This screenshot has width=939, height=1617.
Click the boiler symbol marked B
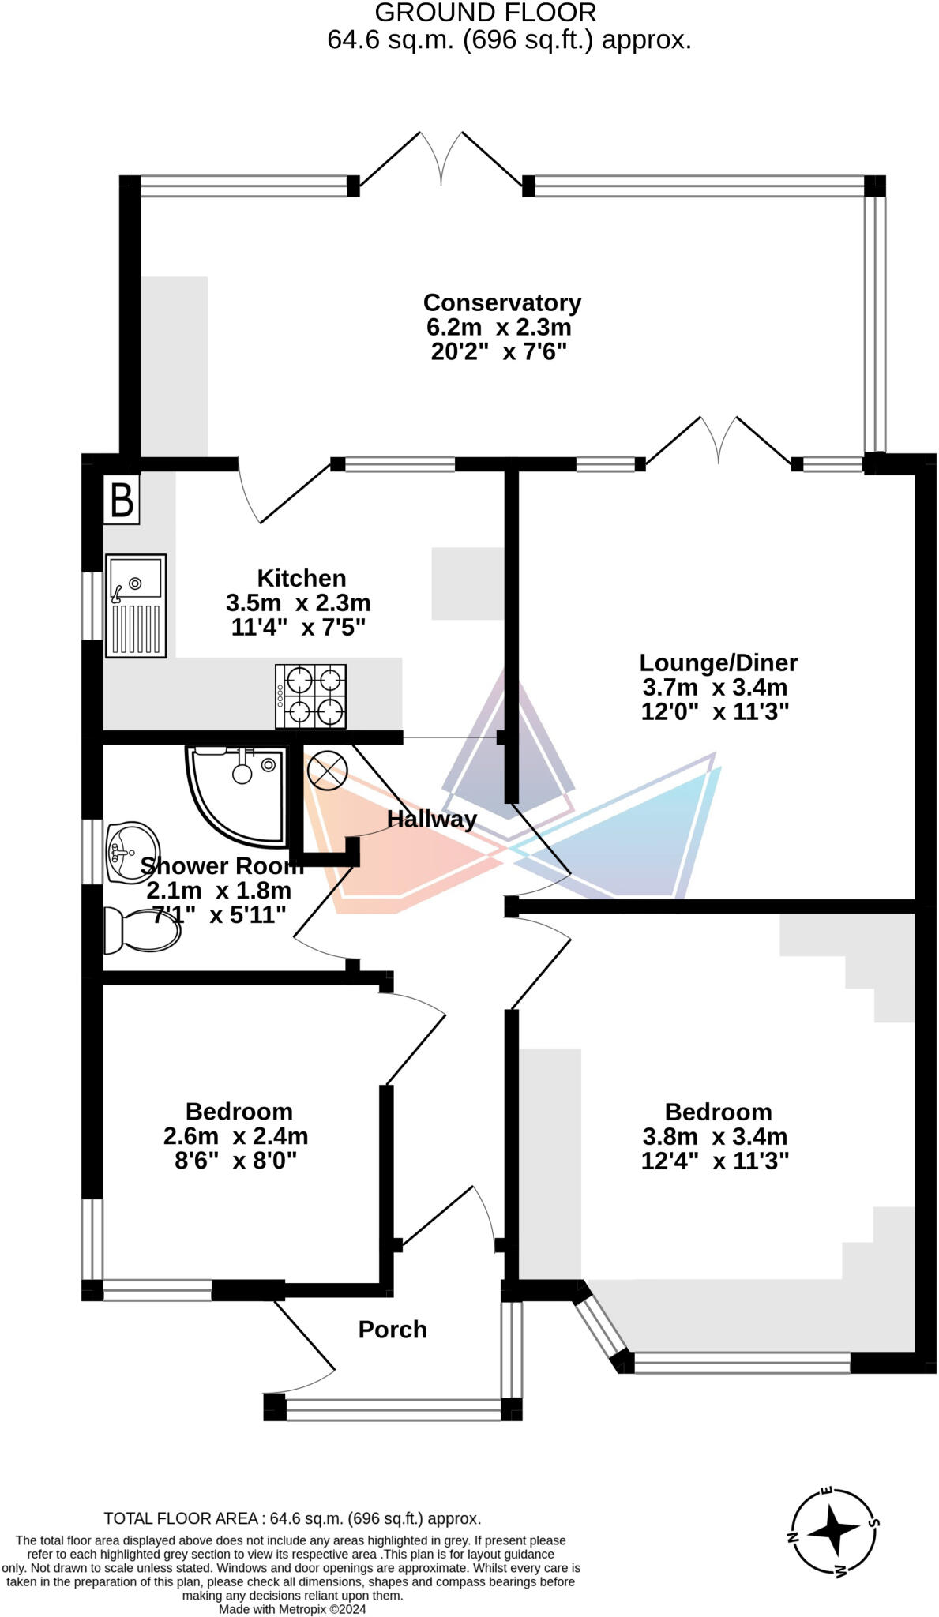click(x=122, y=499)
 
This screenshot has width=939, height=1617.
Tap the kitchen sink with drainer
click(x=136, y=606)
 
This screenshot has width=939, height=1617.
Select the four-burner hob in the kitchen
click(x=310, y=696)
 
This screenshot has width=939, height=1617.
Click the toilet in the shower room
click(x=142, y=929)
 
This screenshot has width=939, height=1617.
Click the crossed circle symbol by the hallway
click(x=327, y=770)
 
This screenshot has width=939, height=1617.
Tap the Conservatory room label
click(x=501, y=302)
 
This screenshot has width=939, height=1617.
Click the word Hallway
click(x=431, y=819)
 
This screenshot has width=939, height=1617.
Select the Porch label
click(x=393, y=1330)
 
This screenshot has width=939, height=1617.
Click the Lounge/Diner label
click(x=718, y=662)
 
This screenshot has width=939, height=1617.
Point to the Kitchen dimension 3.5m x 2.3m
click(x=299, y=603)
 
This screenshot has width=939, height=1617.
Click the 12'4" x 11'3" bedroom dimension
click(x=715, y=1161)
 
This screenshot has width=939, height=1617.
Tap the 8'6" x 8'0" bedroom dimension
click(x=235, y=1161)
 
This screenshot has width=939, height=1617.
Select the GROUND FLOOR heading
click(x=485, y=13)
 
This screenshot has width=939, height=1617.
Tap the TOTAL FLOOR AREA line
click(x=292, y=1518)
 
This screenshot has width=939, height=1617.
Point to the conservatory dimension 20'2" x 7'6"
click(x=499, y=351)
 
